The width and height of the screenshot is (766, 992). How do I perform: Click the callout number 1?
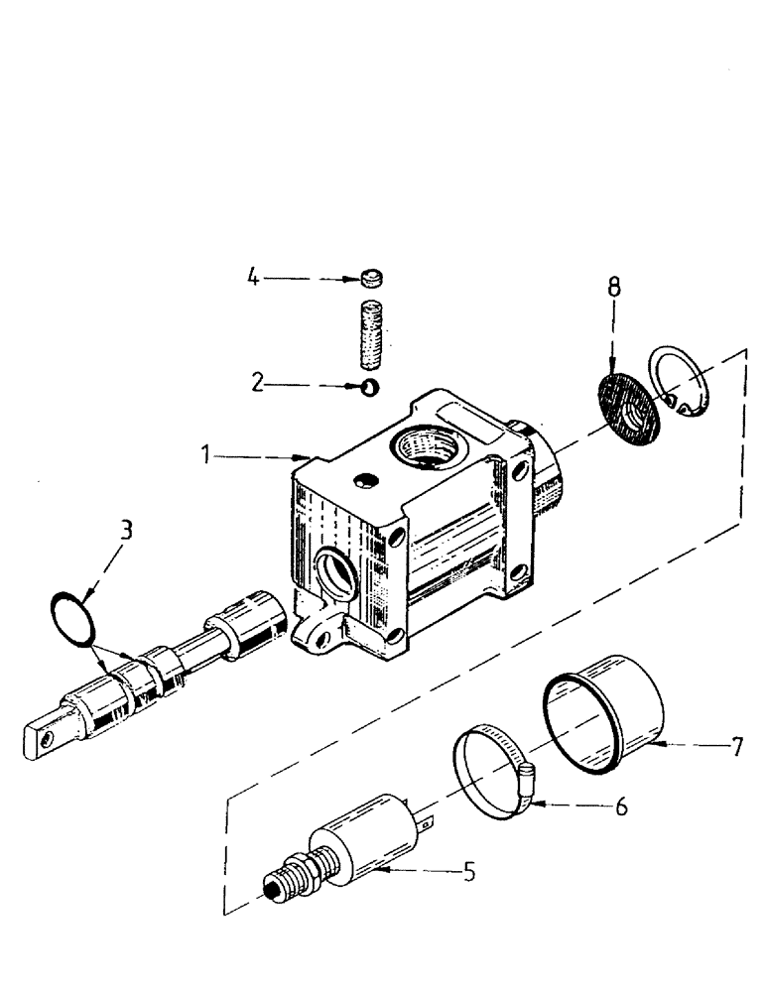tap(203, 456)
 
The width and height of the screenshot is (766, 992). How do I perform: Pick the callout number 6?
tap(620, 807)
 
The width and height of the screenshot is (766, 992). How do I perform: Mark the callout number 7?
tap(736, 747)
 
